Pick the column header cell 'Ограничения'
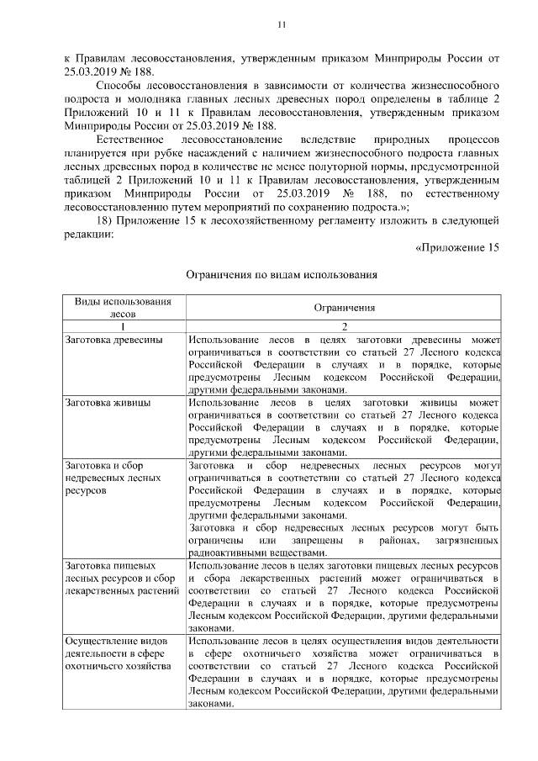(344, 309)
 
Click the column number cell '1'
(123, 325)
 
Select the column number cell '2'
(344, 325)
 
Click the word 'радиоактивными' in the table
(227, 552)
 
